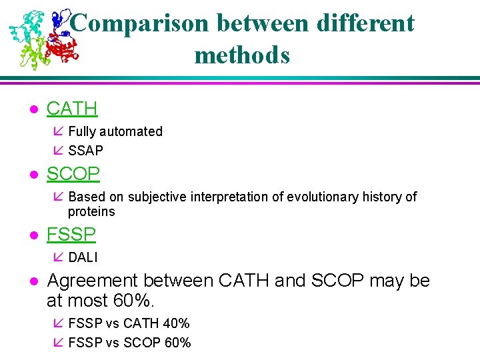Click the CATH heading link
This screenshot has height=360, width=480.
pos(72,108)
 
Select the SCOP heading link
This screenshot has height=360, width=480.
pos(73,174)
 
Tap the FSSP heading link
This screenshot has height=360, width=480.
pos(71,234)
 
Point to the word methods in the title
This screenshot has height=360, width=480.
pos(242,55)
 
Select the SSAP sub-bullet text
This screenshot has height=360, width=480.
pos(85,151)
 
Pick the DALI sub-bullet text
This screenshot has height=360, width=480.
pos(83,257)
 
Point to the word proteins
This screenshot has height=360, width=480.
pos(91,211)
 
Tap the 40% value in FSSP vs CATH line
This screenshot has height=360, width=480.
pos(176,323)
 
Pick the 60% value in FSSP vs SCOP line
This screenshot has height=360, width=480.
pos(177,343)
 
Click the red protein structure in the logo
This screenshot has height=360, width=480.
pos(62,48)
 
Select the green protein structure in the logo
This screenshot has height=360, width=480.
pos(33,55)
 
